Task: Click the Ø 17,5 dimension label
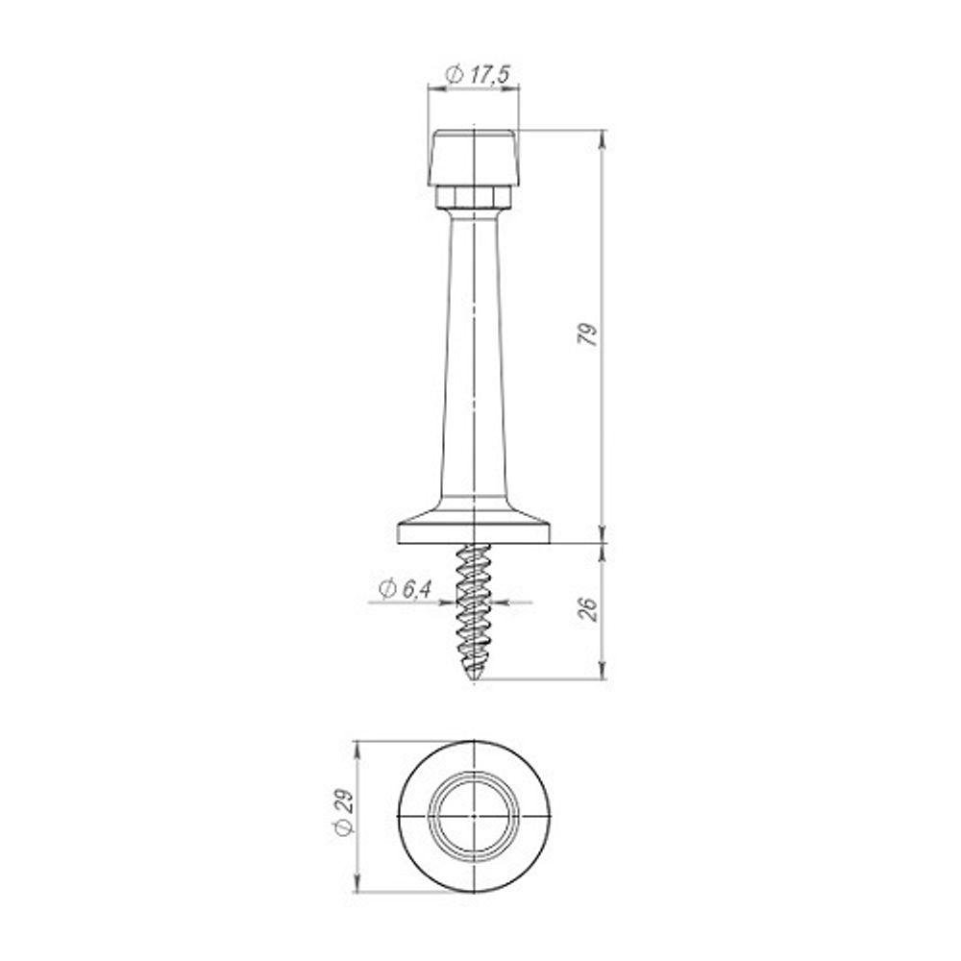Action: point(478,75)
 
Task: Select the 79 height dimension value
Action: point(588,333)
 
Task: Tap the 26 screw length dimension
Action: point(588,608)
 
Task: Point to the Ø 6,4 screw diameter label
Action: point(406,589)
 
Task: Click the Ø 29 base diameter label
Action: point(343,811)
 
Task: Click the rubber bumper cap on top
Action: point(474,158)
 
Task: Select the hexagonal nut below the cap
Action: point(473,197)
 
